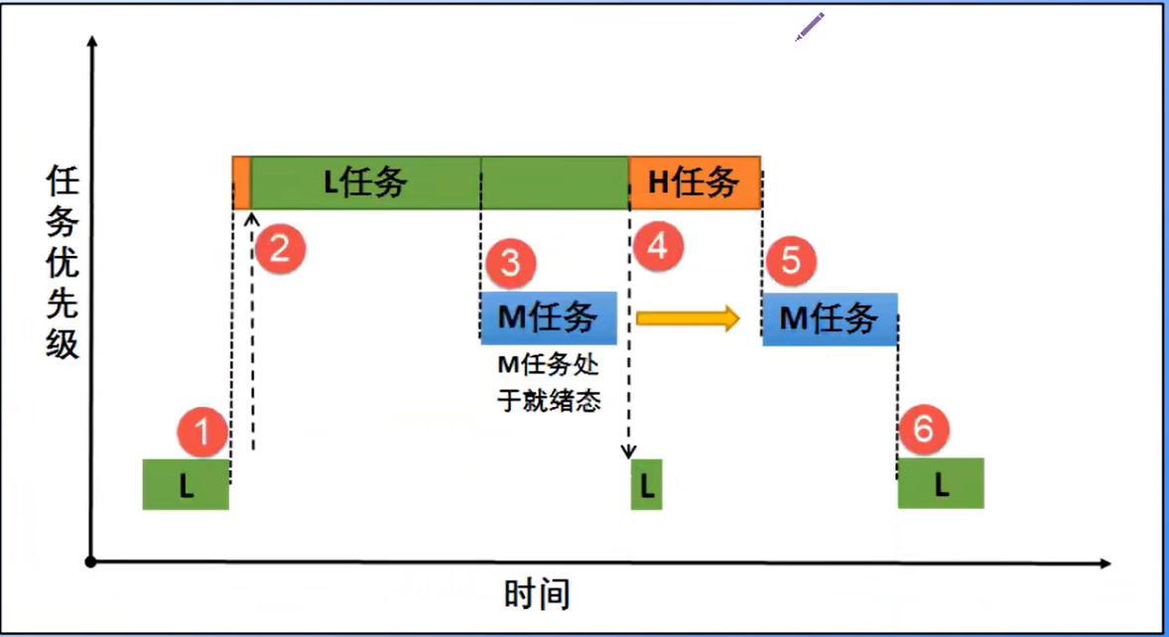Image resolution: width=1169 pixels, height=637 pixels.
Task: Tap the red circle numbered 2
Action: (280, 247)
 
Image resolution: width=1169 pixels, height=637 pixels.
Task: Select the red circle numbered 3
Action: (510, 263)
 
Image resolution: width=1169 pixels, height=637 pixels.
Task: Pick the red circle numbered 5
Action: (791, 261)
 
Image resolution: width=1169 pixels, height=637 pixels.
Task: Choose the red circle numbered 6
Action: (923, 430)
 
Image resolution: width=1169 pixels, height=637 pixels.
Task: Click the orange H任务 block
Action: (695, 183)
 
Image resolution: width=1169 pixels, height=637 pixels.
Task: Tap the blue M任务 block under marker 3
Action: (549, 318)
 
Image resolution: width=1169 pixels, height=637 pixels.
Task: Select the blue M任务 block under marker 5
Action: (830, 318)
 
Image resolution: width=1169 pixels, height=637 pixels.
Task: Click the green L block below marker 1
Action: (186, 484)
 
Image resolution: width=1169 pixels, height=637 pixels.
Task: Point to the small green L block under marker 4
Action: (646, 484)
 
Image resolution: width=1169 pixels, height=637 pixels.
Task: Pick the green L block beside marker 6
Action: (941, 483)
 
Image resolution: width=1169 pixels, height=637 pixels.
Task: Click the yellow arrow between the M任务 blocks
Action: (688, 318)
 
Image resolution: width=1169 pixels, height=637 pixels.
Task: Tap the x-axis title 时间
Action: (537, 594)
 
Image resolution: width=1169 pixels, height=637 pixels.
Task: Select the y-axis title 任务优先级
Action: (63, 262)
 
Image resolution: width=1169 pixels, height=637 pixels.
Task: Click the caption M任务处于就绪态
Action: (549, 383)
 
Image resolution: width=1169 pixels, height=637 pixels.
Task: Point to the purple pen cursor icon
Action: (810, 27)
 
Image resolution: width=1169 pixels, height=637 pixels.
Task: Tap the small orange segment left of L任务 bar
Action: (241, 183)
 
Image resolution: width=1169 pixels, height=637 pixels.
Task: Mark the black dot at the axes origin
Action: (91, 562)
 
